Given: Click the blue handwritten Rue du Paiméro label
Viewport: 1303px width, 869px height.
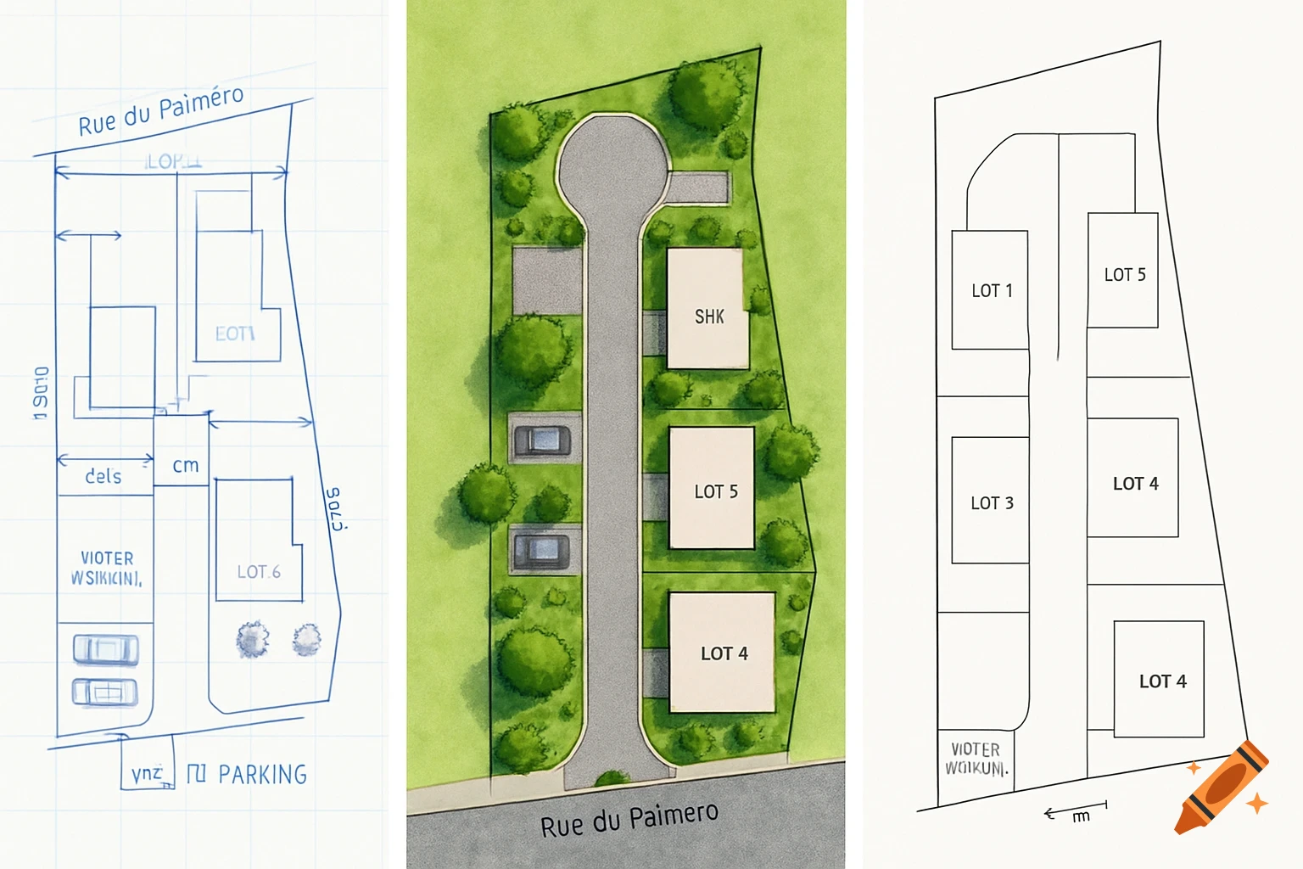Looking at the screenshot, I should (x=161, y=110).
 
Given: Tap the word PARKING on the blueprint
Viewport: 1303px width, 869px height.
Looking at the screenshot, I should (x=262, y=775).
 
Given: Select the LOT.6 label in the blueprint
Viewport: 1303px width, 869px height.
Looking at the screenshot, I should (x=259, y=572).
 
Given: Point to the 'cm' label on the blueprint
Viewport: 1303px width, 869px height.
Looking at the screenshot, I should (x=186, y=465).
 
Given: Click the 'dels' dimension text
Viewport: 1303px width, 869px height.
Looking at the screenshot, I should (x=103, y=476).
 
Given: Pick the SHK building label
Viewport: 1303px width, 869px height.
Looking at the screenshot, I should (x=709, y=317).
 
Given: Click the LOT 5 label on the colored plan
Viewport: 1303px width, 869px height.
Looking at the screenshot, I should (x=716, y=491).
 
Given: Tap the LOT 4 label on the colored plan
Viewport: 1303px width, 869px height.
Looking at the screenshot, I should (x=724, y=653).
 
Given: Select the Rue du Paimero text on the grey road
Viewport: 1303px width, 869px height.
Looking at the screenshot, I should (x=629, y=818).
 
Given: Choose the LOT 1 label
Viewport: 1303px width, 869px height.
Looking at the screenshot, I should (x=992, y=290).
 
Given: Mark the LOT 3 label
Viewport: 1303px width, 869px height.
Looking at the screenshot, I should (x=992, y=502).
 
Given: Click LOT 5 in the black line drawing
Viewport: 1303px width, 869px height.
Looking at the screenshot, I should (x=1125, y=274).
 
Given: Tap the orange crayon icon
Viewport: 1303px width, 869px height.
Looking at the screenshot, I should (x=1222, y=788).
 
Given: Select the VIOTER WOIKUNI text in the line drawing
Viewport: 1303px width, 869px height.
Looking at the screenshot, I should (x=976, y=759).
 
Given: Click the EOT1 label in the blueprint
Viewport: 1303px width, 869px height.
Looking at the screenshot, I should (x=235, y=334).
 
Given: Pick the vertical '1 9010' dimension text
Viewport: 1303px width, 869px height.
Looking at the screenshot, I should (x=41, y=393).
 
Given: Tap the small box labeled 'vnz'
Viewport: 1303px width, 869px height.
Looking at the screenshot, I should (x=148, y=774).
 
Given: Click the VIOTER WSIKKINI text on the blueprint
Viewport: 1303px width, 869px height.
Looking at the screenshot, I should (x=107, y=568).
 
